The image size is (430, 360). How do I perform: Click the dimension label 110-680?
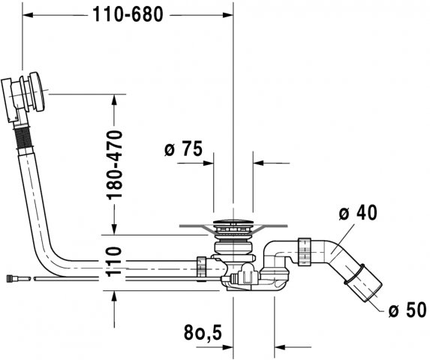coord(128,14)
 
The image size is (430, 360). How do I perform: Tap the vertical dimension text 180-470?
coord(114,165)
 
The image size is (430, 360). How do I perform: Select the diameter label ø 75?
coord(183,148)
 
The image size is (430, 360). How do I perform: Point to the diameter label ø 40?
coord(358,212)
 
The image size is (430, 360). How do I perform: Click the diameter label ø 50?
coord(407,310)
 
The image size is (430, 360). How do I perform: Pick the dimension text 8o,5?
coord(203,332)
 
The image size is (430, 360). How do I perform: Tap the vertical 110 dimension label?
coord(114,262)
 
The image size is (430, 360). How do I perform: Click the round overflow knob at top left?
coord(37,91)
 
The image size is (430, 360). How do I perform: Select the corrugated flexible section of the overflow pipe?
coord(23,138)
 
